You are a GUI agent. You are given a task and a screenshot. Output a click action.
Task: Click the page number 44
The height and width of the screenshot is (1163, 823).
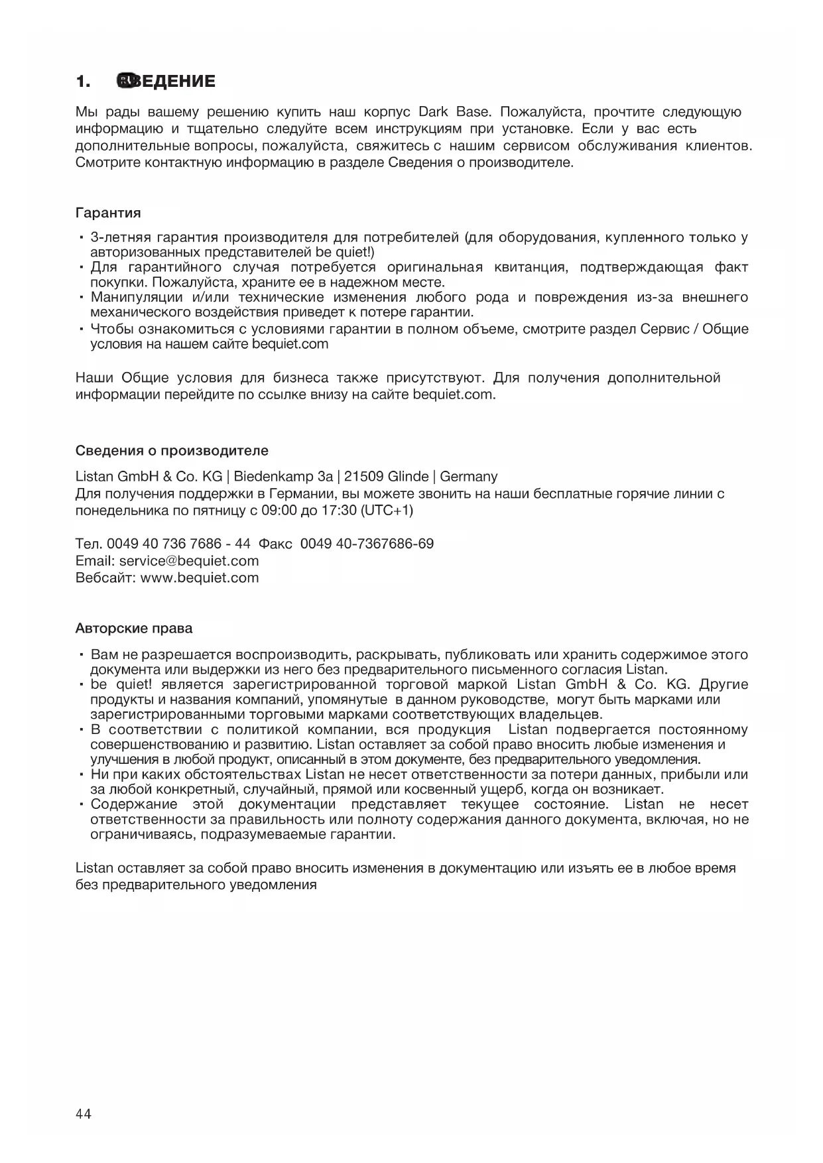(x=84, y=1113)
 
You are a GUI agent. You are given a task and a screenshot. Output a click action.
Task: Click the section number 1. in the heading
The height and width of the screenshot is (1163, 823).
(x=83, y=82)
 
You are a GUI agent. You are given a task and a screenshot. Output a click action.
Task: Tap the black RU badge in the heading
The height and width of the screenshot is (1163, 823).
(x=126, y=81)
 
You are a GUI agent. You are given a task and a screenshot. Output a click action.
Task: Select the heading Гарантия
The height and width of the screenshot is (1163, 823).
(x=108, y=213)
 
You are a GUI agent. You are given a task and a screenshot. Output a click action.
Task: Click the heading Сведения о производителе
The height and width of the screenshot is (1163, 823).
(x=172, y=451)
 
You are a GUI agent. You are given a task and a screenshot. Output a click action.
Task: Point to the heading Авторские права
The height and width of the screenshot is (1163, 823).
(x=134, y=628)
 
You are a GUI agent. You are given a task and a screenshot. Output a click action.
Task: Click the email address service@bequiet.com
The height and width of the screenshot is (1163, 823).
(x=189, y=561)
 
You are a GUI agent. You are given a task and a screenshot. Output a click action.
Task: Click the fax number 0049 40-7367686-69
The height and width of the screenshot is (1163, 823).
(x=367, y=544)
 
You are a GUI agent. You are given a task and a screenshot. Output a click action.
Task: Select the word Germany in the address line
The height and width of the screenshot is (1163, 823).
(x=469, y=477)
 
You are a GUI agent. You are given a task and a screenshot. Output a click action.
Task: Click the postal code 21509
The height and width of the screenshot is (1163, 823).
(x=363, y=477)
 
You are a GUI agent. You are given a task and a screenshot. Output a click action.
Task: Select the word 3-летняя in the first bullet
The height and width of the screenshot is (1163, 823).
(x=120, y=237)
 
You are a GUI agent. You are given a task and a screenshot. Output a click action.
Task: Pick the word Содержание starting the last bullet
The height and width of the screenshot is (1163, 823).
(x=134, y=804)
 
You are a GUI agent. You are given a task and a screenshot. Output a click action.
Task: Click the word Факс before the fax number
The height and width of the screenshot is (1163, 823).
(x=275, y=544)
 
